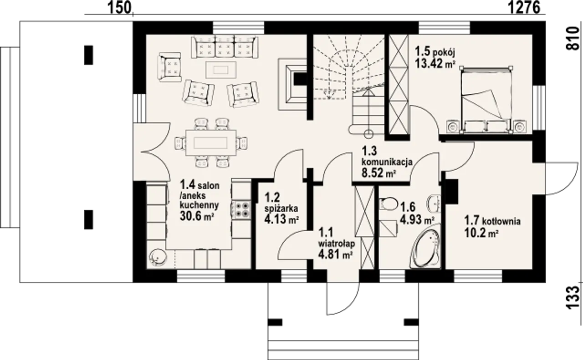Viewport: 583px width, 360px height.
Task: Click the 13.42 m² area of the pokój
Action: tap(435, 63)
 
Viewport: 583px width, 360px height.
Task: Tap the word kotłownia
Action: tap(501, 221)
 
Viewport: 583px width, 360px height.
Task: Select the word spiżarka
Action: tap(281, 208)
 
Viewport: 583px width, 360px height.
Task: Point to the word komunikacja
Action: tap(387, 162)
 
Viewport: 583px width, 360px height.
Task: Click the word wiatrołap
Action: tap(337, 244)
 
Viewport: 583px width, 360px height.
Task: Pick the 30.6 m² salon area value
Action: tap(197, 216)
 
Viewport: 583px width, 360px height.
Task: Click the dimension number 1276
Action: tap(524, 8)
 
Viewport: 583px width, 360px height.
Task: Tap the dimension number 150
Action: tap(119, 8)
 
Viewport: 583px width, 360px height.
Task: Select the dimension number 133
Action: tap(573, 298)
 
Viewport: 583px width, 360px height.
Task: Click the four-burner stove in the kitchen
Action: tap(242, 210)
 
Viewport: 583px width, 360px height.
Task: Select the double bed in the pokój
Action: tap(486, 100)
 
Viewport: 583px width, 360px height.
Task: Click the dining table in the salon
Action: tap(211, 143)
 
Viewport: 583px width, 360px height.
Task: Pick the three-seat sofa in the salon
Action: tap(225, 47)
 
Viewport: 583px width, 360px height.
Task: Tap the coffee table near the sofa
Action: tap(221, 70)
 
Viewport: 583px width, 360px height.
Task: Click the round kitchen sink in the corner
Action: tap(158, 258)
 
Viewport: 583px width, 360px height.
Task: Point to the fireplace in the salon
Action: tap(292, 84)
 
